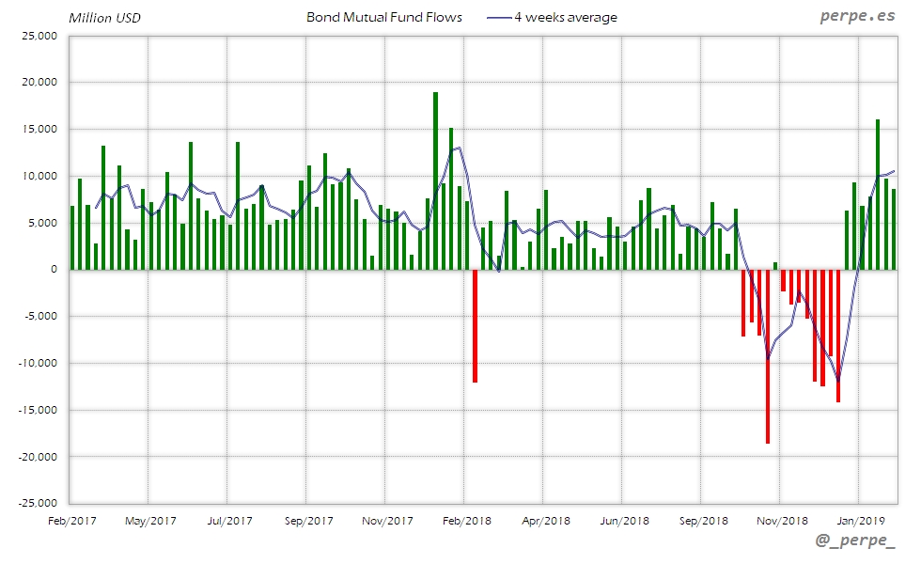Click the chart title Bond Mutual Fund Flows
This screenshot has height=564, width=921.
384,17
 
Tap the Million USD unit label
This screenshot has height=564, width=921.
105,18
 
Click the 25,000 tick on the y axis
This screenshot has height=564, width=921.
39,36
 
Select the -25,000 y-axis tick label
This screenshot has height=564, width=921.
38,503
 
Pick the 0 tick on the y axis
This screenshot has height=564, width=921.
53,270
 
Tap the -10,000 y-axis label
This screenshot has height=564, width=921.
38,363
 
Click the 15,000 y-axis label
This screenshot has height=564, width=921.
39,129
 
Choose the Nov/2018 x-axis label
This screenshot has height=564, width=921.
782,520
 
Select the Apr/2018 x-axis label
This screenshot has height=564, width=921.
545,520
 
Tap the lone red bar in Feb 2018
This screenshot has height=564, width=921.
476,325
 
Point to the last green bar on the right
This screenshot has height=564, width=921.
894,229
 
